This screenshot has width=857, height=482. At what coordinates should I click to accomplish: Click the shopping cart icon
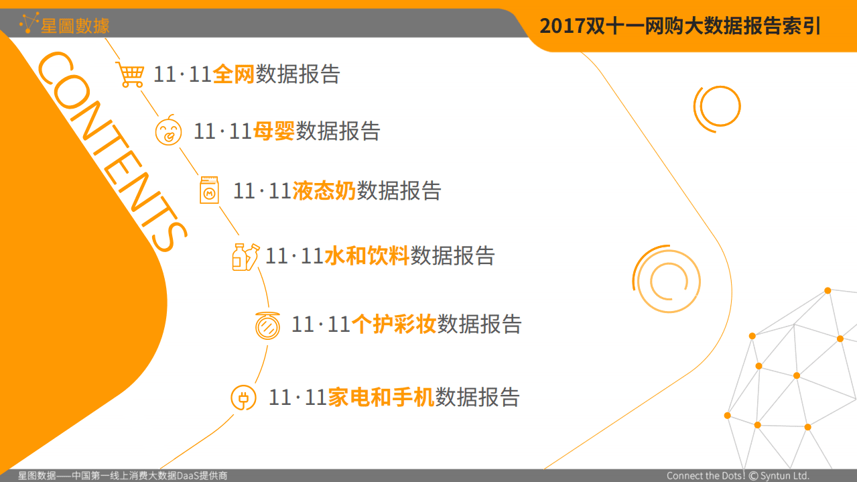[x=130, y=74]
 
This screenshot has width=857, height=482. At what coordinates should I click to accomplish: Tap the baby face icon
[x=168, y=131]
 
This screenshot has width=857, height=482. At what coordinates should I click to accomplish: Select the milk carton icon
[x=209, y=190]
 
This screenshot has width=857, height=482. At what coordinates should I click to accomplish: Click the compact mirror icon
[x=268, y=326]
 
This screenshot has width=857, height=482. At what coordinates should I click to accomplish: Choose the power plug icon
[x=243, y=398]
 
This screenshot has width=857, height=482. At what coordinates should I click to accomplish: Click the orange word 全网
[x=234, y=74]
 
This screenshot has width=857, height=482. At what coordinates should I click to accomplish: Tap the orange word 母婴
[x=274, y=131]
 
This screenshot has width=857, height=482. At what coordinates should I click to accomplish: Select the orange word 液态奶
[x=324, y=191]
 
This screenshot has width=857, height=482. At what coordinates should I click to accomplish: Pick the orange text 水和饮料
[x=367, y=256]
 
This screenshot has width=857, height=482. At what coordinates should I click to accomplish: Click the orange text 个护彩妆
[x=394, y=325]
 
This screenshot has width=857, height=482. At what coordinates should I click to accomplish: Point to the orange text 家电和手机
[x=381, y=398]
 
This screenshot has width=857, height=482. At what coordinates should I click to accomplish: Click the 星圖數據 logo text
[x=75, y=26]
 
